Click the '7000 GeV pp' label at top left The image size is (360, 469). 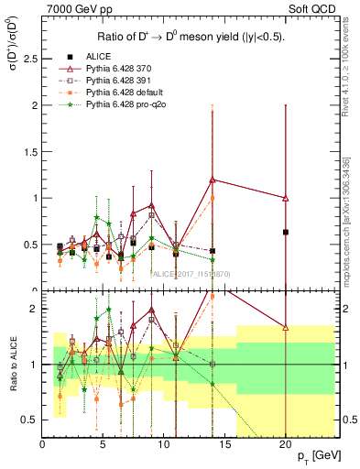[x=74, y=10]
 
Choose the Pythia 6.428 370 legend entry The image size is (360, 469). [x=120, y=70]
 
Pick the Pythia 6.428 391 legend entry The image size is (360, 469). [x=120, y=82]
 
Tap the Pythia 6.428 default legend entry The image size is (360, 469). [x=124, y=93]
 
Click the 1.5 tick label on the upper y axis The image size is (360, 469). [x=28, y=151]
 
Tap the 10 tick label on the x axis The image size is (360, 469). [x=164, y=444]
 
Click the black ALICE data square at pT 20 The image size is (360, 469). [x=286, y=232]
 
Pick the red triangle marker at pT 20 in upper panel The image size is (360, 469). [x=286, y=198]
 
